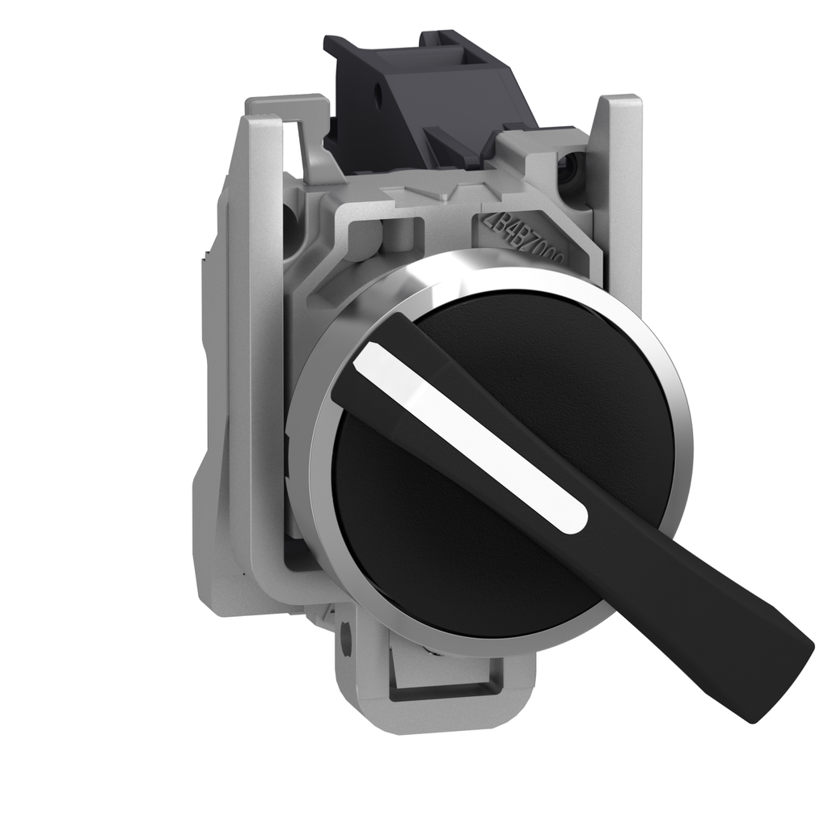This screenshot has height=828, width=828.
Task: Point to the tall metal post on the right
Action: pos(623,202)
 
